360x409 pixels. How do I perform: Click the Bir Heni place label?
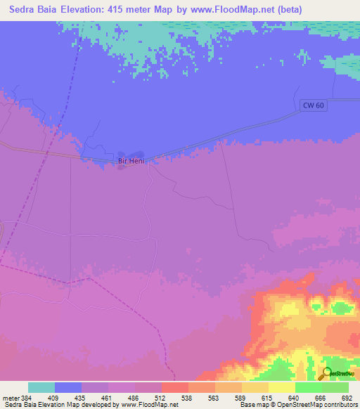[x=131, y=162]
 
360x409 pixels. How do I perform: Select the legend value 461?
[x=108, y=397]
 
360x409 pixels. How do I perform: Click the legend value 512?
[x=162, y=397]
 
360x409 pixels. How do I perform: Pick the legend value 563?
[x=215, y=397]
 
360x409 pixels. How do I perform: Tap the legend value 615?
[x=269, y=397]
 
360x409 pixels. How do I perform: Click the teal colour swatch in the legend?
[x=41, y=387]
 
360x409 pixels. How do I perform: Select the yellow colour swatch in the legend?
[x=282, y=387]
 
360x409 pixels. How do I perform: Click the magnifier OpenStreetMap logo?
[x=327, y=375]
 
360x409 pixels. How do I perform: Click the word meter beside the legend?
[x=11, y=397]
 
